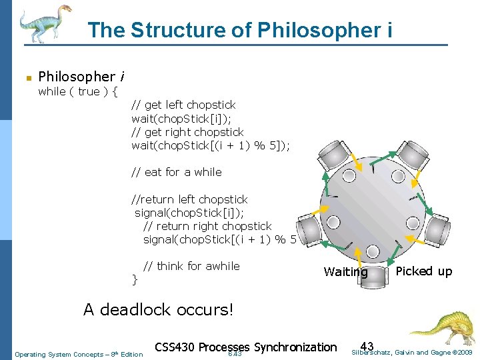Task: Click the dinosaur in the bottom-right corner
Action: (x=441, y=327)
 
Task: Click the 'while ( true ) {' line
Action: (x=78, y=91)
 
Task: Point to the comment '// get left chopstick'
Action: (x=183, y=105)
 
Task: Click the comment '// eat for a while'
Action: (x=176, y=172)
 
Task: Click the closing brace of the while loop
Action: (x=135, y=279)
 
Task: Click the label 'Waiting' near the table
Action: (x=345, y=272)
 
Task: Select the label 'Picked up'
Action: (x=423, y=271)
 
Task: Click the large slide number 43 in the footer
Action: (x=367, y=346)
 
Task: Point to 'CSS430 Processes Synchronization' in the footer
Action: (x=245, y=347)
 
